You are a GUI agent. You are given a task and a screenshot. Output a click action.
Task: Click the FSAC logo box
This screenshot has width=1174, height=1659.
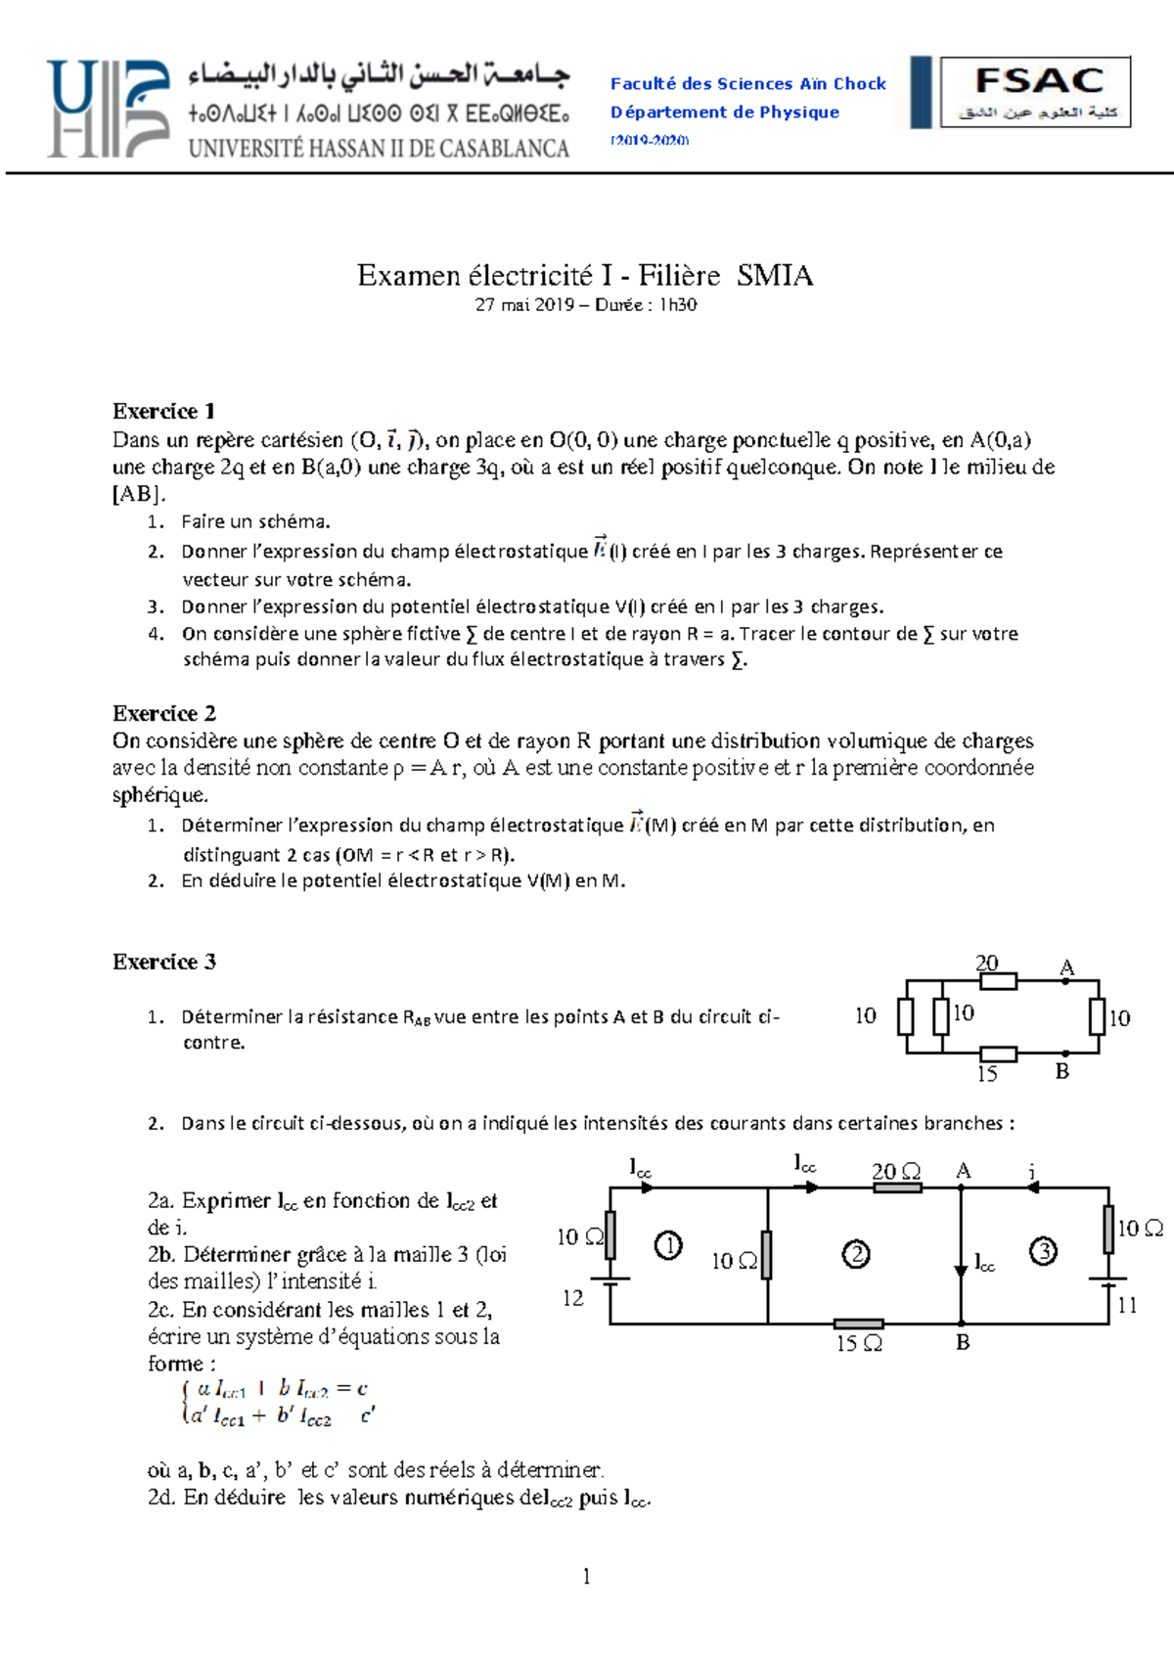coord(1035,92)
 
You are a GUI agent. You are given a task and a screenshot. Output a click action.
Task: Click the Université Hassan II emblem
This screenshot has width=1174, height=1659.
coord(108,108)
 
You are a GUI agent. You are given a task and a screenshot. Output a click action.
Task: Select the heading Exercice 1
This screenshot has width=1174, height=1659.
coord(163,411)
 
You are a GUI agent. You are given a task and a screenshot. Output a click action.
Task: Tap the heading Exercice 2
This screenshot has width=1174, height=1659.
coord(164,713)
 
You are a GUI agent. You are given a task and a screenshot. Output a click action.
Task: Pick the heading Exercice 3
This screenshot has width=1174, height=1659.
coord(164,962)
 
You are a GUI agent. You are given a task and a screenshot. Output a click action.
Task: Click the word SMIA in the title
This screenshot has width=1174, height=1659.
coord(775,276)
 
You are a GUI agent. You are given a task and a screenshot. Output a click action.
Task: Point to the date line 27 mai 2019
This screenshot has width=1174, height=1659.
coord(585,305)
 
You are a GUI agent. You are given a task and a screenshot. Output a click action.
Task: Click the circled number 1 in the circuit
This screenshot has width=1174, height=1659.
coord(668,1245)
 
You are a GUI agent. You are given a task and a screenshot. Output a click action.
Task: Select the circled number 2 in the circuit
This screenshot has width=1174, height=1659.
coord(856,1254)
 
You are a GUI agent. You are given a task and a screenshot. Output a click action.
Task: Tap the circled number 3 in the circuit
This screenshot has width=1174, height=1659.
coord(1044,1250)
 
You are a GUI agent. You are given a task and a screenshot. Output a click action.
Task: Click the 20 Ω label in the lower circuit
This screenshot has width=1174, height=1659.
coord(896,1171)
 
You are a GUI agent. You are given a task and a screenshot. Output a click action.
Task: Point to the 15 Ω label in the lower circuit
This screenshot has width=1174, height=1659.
coord(859,1344)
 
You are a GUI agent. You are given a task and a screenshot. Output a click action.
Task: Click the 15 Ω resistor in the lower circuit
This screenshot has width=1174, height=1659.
coord(859,1323)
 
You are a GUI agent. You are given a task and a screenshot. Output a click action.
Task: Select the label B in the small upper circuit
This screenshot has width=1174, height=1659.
coord(1062,1071)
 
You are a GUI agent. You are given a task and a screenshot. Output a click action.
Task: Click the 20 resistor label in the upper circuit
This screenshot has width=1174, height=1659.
coord(986,963)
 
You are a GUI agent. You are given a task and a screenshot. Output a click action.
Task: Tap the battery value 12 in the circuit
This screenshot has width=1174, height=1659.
coord(573,1298)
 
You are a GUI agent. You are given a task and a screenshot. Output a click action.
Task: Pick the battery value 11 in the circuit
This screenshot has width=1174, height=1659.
coord(1127,1305)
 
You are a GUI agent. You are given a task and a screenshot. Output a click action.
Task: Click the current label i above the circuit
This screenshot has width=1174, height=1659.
coord(1032,1171)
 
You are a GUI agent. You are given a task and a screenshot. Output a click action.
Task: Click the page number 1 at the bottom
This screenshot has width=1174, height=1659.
coord(586,1576)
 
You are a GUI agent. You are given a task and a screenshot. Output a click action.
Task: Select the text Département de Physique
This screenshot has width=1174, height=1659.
coord(725,112)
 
